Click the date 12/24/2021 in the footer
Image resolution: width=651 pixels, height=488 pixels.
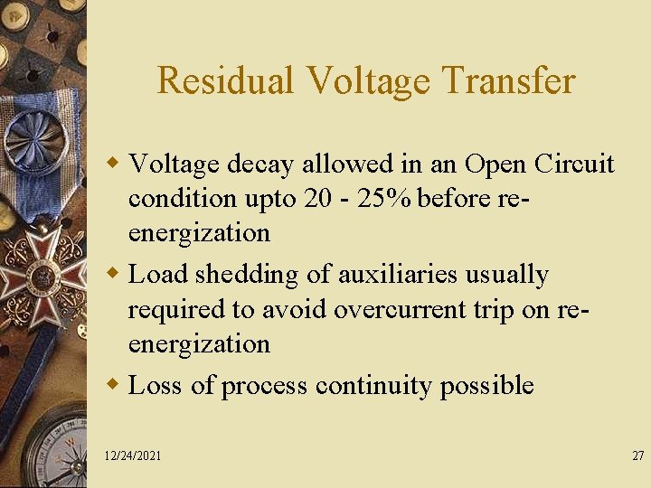tap(133, 455)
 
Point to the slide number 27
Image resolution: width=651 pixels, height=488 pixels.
tap(638, 455)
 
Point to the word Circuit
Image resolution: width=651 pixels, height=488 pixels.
tap(574, 164)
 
